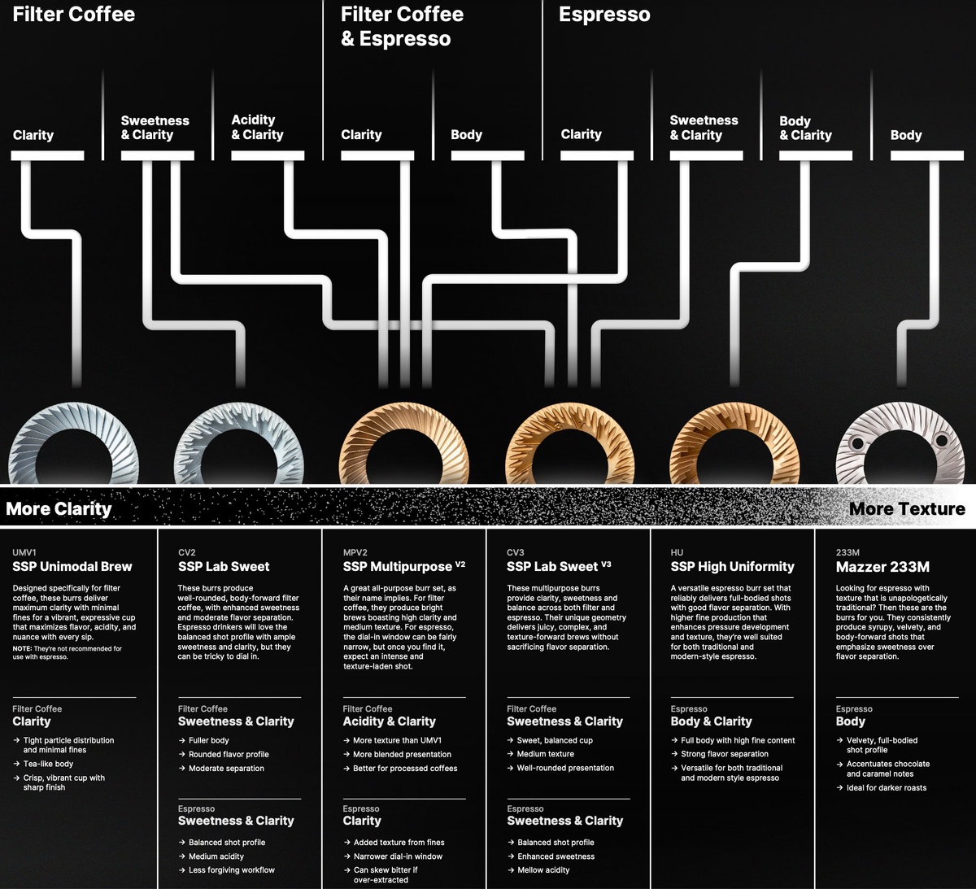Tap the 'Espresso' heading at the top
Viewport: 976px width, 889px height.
(604, 15)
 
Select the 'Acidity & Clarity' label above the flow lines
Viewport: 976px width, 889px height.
(257, 128)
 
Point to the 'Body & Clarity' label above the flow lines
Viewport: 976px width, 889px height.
(805, 129)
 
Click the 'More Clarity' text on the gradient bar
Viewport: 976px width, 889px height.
(59, 509)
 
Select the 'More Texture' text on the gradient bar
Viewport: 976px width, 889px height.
(907, 509)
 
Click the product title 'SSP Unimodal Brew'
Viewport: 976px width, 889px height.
(72, 567)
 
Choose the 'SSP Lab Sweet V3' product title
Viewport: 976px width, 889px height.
(558, 567)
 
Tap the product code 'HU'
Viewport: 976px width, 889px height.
(677, 552)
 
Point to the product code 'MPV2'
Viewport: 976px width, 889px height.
(355, 552)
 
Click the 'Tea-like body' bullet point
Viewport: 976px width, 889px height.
(48, 764)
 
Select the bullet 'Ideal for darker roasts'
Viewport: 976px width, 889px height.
(886, 787)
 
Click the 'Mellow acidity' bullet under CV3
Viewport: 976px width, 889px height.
(543, 870)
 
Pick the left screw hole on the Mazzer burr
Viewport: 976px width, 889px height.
(856, 444)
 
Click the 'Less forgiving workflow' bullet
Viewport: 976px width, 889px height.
(231, 870)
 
